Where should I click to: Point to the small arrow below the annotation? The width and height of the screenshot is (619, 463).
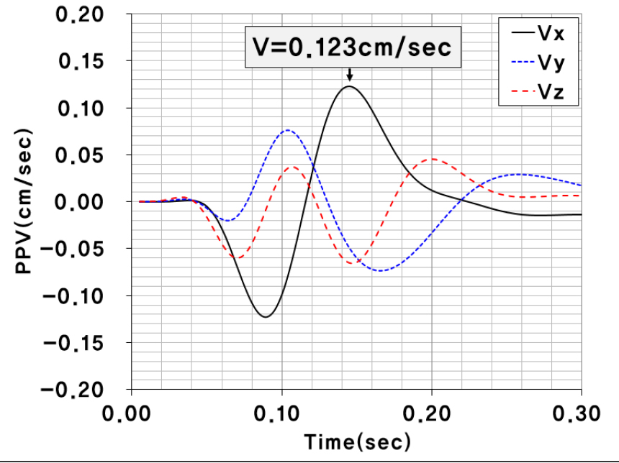tap(349, 75)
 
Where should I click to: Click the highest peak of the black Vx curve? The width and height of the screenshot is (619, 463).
tap(349, 86)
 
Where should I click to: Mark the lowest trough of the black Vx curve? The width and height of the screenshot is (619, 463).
tap(266, 316)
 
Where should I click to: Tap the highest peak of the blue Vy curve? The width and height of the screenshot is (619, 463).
tap(288, 130)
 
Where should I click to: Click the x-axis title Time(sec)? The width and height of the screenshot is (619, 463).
tap(357, 441)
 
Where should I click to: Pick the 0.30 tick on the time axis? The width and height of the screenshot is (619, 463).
tap(575, 414)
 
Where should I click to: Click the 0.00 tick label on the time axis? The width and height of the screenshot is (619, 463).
tap(132, 414)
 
